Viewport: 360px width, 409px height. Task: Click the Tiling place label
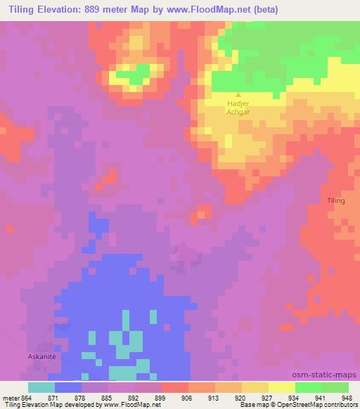336,201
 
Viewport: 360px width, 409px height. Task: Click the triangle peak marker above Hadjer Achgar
238,96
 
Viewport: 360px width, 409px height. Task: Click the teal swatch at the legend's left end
41,387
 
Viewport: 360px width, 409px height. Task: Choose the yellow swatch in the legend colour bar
281,387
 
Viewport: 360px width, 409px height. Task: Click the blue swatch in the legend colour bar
67,387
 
